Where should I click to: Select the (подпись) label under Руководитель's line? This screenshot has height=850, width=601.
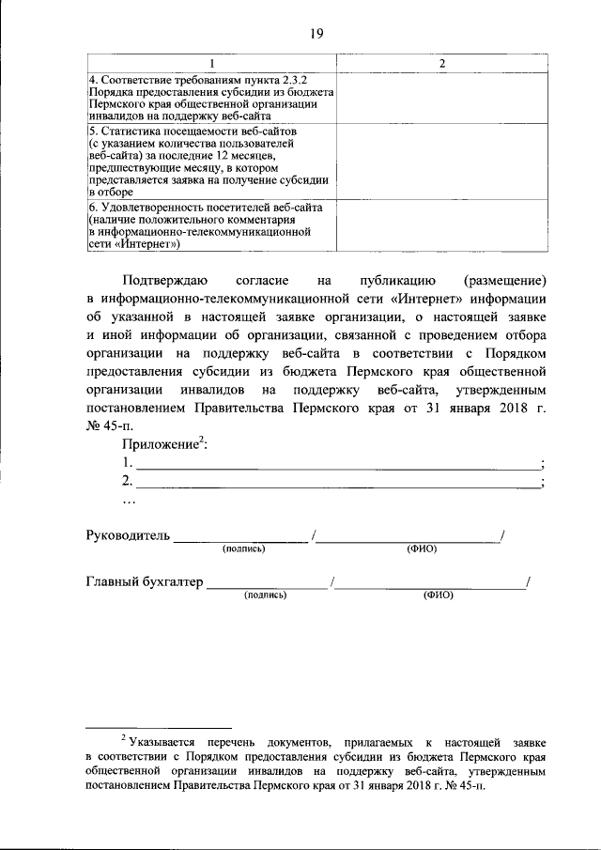click(242, 549)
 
